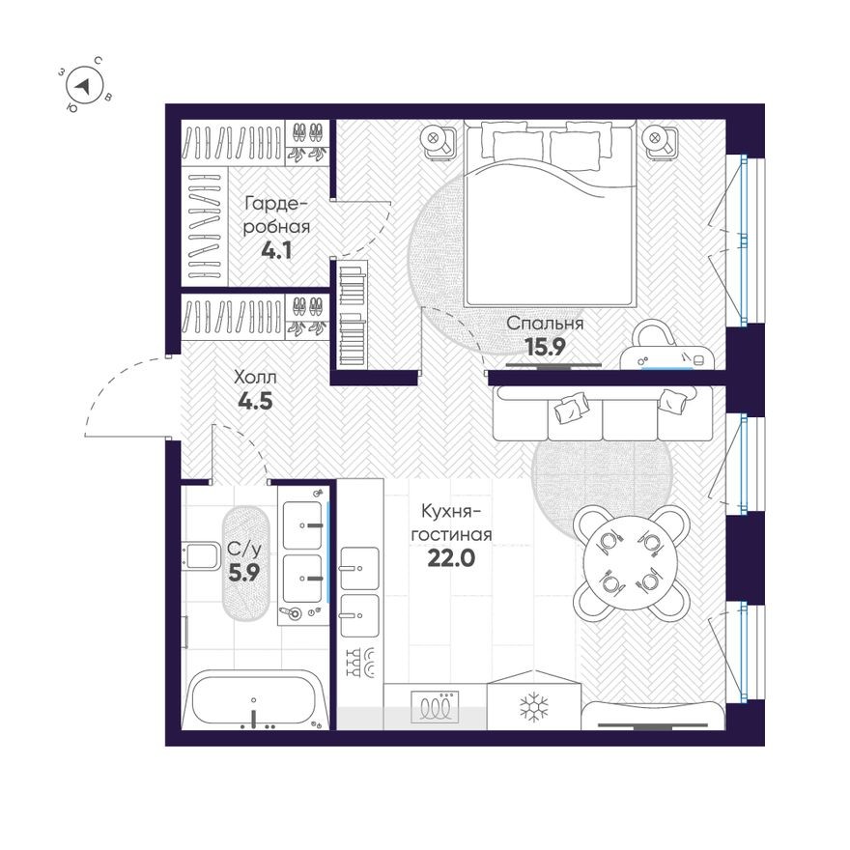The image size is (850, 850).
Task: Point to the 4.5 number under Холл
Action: (x=256, y=401)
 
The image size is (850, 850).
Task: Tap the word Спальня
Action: (x=546, y=324)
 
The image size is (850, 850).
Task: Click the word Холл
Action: (x=256, y=377)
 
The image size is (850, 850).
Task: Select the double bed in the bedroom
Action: (x=551, y=212)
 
